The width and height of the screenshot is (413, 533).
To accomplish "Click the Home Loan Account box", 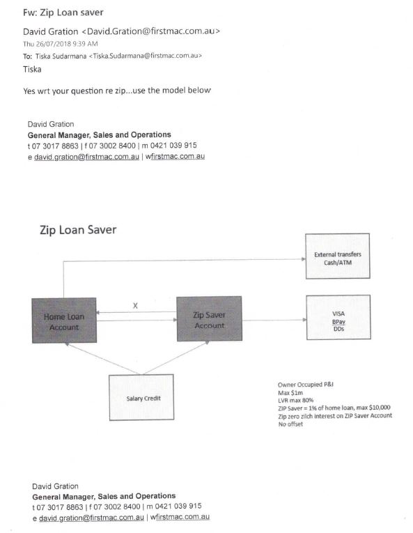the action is pyautogui.click(x=64, y=320).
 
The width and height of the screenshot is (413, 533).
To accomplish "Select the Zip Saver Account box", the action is pyautogui.click(x=210, y=318).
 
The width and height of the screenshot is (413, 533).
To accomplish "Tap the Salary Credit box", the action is pyautogui.click(x=141, y=397).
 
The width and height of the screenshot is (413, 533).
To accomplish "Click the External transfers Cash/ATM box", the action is pyautogui.click(x=338, y=256).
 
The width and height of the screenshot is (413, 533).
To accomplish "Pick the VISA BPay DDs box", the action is pyautogui.click(x=338, y=317).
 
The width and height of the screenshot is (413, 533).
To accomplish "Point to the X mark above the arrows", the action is pyautogui.click(x=135, y=306).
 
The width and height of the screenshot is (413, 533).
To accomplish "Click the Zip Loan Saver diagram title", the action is pyautogui.click(x=78, y=230).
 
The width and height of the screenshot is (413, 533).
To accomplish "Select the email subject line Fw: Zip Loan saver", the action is pyautogui.click(x=63, y=13).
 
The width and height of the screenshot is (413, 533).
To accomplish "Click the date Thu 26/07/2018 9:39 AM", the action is pyautogui.click(x=61, y=44).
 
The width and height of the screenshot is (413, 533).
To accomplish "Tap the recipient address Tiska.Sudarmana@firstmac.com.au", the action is pyautogui.click(x=146, y=56).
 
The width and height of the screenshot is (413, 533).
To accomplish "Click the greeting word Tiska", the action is pyautogui.click(x=32, y=70).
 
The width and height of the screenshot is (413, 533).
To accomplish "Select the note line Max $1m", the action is pyautogui.click(x=290, y=393).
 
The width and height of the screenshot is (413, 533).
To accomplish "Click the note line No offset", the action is pyautogui.click(x=290, y=424).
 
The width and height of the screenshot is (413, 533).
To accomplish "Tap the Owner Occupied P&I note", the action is pyautogui.click(x=306, y=385).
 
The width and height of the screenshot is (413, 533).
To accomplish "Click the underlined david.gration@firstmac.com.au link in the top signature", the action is pyautogui.click(x=86, y=157).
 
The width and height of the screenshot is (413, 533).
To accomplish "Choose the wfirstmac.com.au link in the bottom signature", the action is pyautogui.click(x=180, y=517).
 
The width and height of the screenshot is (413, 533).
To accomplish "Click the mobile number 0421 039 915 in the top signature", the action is pyautogui.click(x=173, y=146).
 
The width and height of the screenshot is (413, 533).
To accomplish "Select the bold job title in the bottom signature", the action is pyautogui.click(x=104, y=496).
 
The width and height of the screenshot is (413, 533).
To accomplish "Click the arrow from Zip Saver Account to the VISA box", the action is pyautogui.click(x=274, y=320).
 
